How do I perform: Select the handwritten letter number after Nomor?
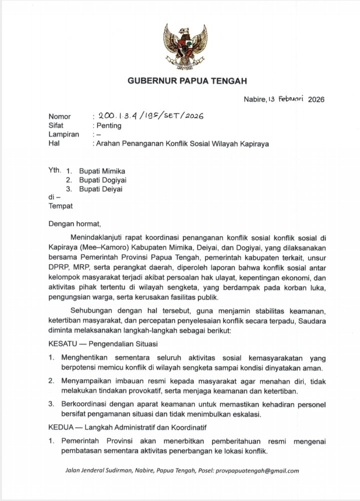point(151,116)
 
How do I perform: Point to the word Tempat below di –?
point(60,205)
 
